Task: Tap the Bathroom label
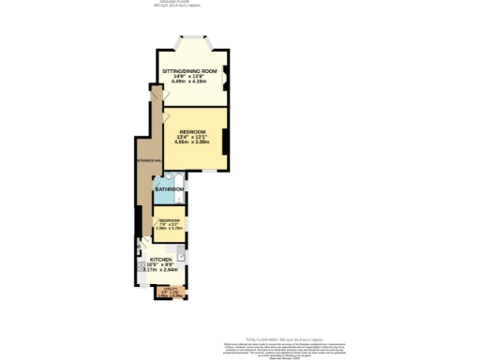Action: (x=169, y=189)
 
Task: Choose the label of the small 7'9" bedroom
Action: (x=170, y=221)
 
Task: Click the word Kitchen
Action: (x=160, y=259)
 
